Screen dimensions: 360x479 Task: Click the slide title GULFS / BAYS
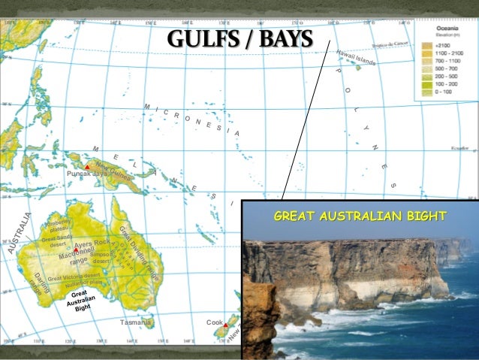pos(239,38)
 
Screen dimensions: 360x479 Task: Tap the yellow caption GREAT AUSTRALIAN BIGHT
pos(360,217)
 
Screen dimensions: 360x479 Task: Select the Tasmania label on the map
pos(136,322)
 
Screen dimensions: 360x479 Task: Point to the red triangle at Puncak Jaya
pos(88,166)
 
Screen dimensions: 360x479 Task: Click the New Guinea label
pos(113,174)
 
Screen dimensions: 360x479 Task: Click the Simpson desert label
pos(104,258)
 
